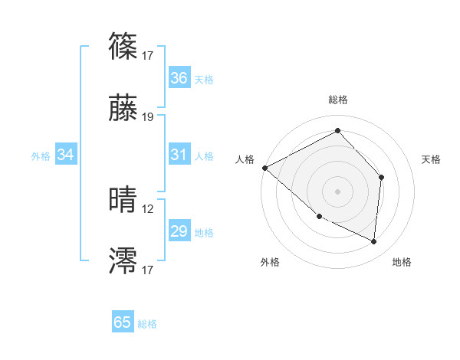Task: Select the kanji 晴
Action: [123, 201]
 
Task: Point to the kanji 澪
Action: [123, 261]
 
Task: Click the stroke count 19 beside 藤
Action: [148, 117]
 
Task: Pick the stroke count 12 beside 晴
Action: [148, 209]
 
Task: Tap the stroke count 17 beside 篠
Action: [148, 55]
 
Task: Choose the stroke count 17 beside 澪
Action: [148, 270]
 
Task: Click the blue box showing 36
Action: [179, 77]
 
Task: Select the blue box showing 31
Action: [179, 155]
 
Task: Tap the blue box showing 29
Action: [179, 231]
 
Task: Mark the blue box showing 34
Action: [66, 155]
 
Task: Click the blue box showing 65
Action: [123, 322]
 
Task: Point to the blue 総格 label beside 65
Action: [147, 324]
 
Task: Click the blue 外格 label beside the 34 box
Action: [41, 156]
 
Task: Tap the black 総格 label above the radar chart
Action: [338, 100]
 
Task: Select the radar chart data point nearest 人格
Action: [264, 168]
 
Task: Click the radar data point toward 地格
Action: [373, 242]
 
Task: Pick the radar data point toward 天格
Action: [381, 177]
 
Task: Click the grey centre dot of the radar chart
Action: [338, 191]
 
